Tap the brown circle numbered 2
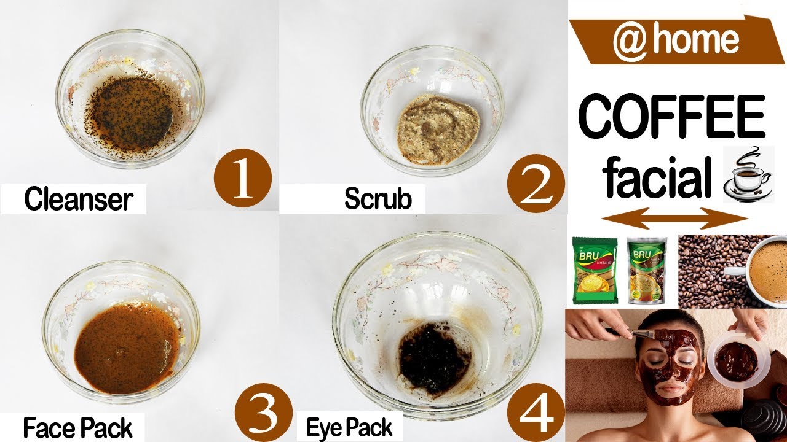(x=536, y=184)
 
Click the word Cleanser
(x=78, y=200)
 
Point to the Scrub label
(x=378, y=198)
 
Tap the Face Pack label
(x=77, y=428)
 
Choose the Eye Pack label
(x=349, y=428)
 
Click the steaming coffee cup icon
(x=748, y=175)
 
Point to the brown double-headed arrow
(x=674, y=218)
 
